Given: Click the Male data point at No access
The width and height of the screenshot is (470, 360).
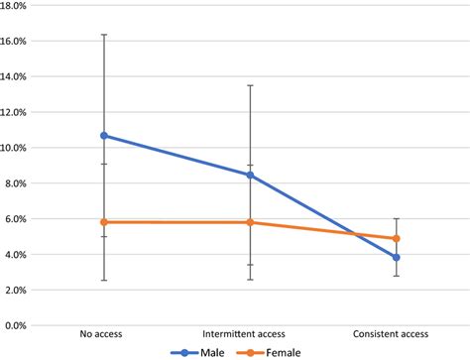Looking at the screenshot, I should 104,136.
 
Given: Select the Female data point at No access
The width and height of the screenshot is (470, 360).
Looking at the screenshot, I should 104,222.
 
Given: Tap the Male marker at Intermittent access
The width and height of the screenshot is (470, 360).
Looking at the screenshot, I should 250,175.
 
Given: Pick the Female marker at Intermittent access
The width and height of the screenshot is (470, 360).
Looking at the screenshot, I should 250,222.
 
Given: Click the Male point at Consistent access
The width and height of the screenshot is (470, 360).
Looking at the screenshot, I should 396,257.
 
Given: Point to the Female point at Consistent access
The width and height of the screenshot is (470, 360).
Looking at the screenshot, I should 396,238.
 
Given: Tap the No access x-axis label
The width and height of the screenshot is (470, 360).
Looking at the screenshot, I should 104,334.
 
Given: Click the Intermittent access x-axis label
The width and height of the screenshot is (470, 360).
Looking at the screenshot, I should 250,334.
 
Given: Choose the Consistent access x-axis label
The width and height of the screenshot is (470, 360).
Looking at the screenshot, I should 396,334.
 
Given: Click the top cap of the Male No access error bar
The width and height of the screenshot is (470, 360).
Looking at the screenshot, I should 104,35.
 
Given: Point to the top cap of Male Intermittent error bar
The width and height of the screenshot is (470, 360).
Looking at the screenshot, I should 250,85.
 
